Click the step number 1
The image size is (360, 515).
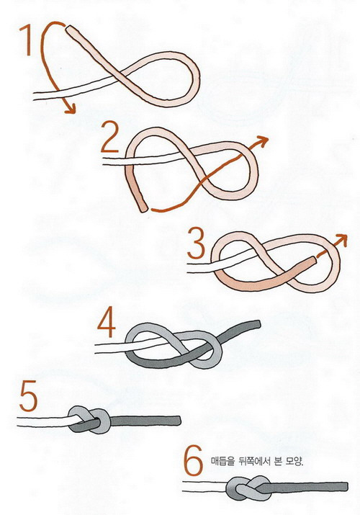[26, 40]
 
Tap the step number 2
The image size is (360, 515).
[110, 137]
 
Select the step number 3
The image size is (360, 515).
[197, 243]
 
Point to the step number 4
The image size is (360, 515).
[107, 322]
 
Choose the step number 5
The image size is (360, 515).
[29, 395]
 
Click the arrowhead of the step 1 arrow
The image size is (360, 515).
[71, 109]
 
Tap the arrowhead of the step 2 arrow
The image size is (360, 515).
[262, 140]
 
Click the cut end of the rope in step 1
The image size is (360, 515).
[71, 30]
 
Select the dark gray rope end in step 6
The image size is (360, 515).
[346, 486]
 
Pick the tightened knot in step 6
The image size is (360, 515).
[248, 488]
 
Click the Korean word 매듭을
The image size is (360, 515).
[222, 462]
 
